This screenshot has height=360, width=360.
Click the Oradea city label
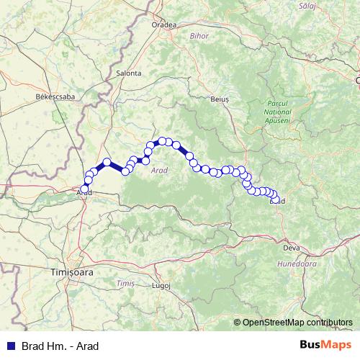[164, 24]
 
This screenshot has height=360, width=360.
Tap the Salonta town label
[129, 73]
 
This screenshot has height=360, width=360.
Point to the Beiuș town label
[219, 99]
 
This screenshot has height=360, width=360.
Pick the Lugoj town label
[161, 285]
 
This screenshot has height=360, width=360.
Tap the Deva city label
[292, 248]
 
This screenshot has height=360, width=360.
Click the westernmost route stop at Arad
[85, 189]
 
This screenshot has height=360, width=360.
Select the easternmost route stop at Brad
[276, 200]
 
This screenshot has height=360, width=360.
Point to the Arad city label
[84, 193]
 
